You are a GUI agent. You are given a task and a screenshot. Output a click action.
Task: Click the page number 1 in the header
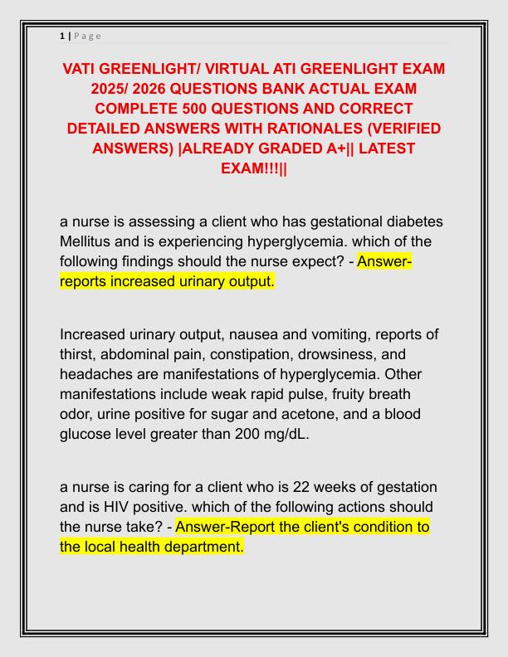pos(62,36)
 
